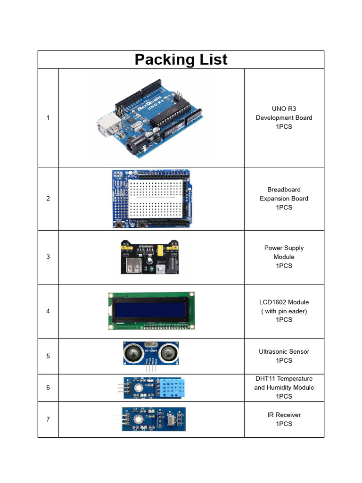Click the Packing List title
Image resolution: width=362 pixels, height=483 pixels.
(x=181, y=60)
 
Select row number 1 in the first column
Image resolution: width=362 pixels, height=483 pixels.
(x=48, y=117)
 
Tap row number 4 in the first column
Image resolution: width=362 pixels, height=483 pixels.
(x=48, y=311)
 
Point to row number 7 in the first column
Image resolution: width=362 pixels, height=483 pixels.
(x=48, y=419)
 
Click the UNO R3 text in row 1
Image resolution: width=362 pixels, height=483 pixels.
(x=284, y=108)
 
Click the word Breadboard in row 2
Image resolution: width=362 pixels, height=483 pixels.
(x=284, y=190)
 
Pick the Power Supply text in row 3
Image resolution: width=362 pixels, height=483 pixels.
(x=284, y=248)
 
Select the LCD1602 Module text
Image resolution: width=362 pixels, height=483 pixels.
(x=284, y=302)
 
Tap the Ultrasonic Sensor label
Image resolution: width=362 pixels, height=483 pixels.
(x=284, y=352)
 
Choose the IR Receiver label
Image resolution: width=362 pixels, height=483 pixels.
(x=284, y=415)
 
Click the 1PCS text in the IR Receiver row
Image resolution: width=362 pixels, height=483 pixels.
(x=284, y=424)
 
